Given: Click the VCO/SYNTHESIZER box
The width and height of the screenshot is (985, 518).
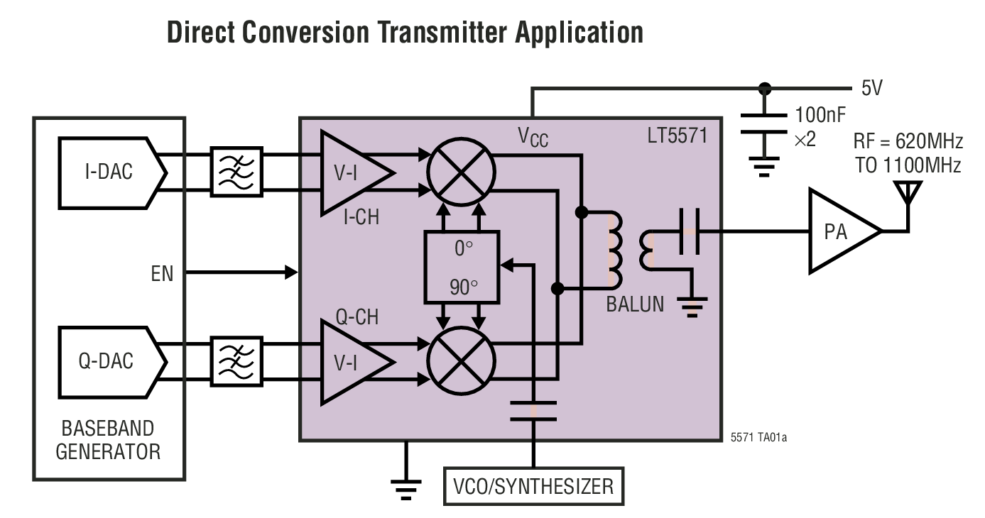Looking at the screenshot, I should (x=533, y=487).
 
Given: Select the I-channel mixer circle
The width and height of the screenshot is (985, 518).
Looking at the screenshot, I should (x=461, y=172).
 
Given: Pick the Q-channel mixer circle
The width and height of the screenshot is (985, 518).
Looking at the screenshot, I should (x=461, y=361).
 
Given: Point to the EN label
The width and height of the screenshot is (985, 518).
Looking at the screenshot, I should (x=162, y=273).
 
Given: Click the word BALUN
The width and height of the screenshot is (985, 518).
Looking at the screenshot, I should (x=635, y=305).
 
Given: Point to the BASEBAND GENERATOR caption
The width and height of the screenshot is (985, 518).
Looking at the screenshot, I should (x=108, y=440).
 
